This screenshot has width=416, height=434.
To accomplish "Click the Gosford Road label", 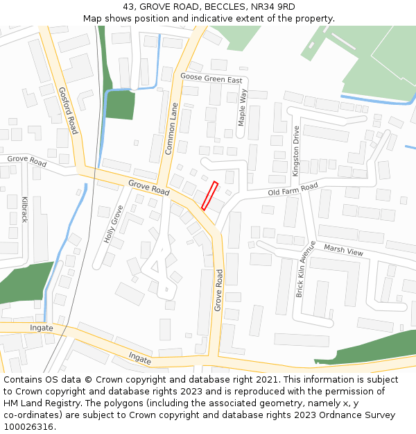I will tap(68, 110).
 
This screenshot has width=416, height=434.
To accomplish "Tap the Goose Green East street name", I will tap(211, 78).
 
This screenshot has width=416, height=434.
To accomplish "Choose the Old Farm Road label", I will tap(293, 188).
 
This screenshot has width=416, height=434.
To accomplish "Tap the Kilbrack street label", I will tap(24, 209).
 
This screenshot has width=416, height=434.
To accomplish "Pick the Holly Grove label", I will tap(113, 223).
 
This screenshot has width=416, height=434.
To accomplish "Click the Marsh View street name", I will tap(343, 251).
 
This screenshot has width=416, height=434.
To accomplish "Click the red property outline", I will tap(210, 196).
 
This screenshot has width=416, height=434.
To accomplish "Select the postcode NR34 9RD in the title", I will tap(273, 7).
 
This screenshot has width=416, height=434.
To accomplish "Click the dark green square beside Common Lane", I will tap(120, 105).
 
